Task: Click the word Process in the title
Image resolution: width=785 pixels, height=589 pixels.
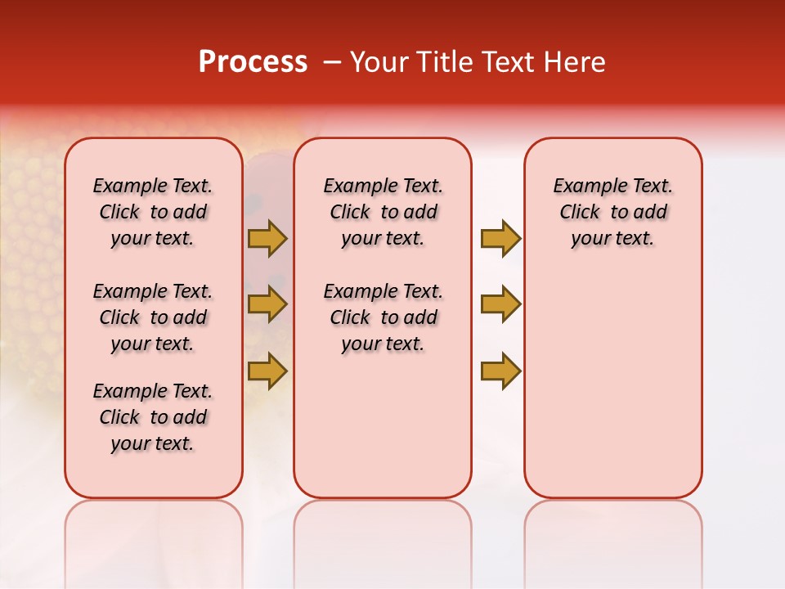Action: [253, 62]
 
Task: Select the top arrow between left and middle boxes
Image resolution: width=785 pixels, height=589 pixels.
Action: [267, 238]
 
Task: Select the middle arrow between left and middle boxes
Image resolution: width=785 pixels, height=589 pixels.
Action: [267, 304]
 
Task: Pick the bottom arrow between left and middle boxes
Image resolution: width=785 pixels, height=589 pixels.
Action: [267, 371]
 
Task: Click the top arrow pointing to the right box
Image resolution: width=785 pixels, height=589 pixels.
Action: [500, 238]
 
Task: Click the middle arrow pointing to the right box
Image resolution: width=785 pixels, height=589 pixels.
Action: [500, 304]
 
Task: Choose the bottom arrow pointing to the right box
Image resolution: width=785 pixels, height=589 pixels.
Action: [500, 371]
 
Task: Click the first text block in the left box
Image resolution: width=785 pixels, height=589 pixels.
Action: [153, 212]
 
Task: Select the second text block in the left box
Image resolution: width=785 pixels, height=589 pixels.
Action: [153, 317]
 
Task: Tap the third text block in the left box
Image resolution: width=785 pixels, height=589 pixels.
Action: [153, 417]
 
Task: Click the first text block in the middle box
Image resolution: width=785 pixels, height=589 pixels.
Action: [383, 212]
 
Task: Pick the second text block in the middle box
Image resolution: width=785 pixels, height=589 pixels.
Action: [383, 317]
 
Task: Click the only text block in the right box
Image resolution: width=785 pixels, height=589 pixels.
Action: [612, 212]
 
